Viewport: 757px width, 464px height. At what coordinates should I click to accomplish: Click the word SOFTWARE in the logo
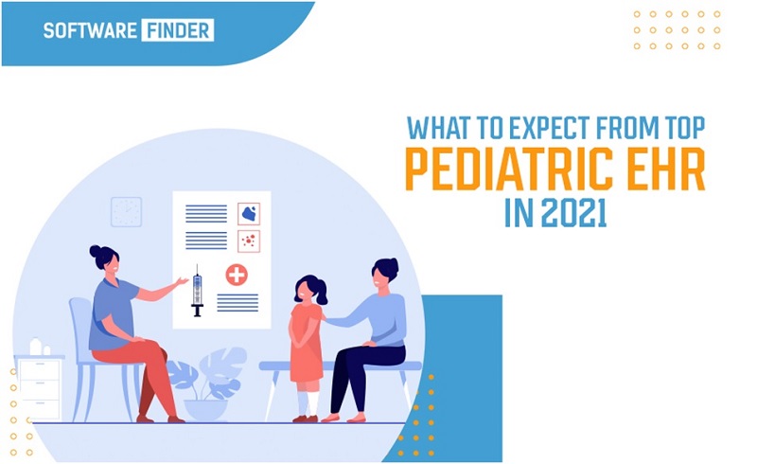pyautogui.click(x=90, y=30)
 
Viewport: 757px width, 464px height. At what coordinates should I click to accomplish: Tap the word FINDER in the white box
pyautogui.click(x=178, y=30)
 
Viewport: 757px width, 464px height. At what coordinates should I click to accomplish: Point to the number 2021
pyautogui.click(x=573, y=213)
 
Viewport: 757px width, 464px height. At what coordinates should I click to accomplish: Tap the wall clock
pyautogui.click(x=127, y=212)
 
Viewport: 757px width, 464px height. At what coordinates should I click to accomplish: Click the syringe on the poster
pyautogui.click(x=197, y=291)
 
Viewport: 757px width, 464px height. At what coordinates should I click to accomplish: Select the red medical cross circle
pyautogui.click(x=237, y=275)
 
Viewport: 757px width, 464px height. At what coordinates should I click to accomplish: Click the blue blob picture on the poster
pyautogui.click(x=249, y=214)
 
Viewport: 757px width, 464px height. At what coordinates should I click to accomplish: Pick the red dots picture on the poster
pyautogui.click(x=249, y=241)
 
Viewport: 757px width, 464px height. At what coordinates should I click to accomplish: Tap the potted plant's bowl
pyautogui.click(x=205, y=409)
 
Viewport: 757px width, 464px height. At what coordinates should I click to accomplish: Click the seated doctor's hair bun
pyautogui.click(x=96, y=252)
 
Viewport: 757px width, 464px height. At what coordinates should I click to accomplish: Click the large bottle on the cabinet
pyautogui.click(x=35, y=347)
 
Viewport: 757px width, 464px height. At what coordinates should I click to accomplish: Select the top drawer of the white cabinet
pyautogui.click(x=39, y=370)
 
